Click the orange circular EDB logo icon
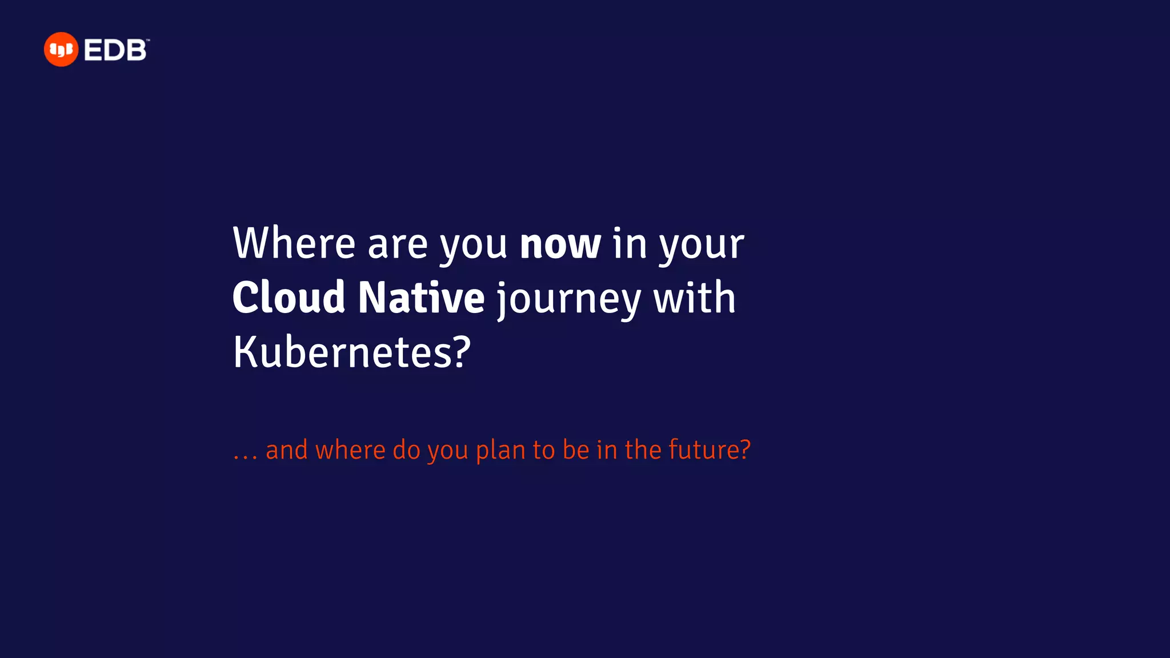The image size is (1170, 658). point(61,50)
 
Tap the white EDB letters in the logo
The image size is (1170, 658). point(115,50)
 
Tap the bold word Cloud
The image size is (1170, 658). point(289,298)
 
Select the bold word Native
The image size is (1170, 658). point(421,298)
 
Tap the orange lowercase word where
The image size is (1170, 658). point(350,450)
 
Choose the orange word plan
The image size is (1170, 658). point(500,451)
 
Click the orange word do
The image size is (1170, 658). point(407,450)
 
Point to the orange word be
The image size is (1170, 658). point(575,450)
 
